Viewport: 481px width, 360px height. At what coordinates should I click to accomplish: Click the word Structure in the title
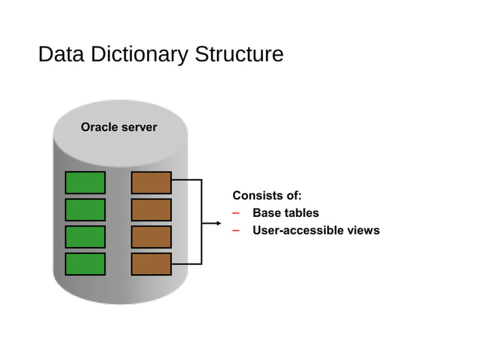[x=238, y=55]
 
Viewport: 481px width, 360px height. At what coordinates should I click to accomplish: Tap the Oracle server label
[x=119, y=127]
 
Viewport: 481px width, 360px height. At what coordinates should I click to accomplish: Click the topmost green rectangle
[x=85, y=183]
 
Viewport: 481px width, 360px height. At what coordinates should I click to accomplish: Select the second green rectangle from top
[x=85, y=210]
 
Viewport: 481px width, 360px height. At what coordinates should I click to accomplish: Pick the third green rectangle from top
[x=85, y=236]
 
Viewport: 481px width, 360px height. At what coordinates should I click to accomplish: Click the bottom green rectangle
[x=85, y=264]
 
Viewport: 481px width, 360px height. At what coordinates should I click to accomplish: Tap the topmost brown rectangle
[x=152, y=183]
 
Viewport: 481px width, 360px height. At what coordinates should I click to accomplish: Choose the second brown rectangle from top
[x=152, y=210]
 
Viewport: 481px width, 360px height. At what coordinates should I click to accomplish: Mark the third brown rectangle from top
[x=152, y=236]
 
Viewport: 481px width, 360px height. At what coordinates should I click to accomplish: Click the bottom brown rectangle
[x=152, y=264]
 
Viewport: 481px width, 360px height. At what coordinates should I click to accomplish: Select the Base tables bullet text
[x=285, y=213]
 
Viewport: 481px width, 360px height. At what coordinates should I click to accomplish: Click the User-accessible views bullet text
[x=315, y=230]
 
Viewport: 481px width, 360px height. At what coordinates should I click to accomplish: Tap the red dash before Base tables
[x=236, y=213]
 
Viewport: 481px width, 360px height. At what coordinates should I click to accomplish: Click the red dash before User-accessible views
[x=236, y=230]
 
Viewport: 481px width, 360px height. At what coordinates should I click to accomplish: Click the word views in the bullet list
[x=363, y=230]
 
